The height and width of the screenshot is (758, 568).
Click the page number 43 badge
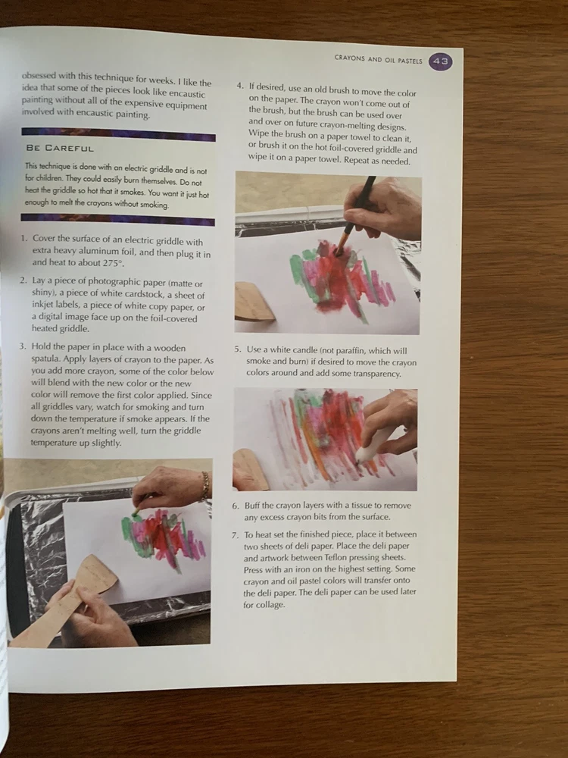click(441, 61)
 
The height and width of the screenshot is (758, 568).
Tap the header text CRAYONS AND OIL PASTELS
click(378, 59)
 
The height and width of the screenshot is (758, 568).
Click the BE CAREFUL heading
click(60, 148)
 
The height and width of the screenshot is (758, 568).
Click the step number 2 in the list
click(23, 280)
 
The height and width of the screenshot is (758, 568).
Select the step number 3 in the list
click(22, 346)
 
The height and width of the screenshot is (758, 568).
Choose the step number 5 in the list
click(237, 349)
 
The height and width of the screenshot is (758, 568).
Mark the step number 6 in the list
click(236, 506)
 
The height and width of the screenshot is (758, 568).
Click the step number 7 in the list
click(235, 534)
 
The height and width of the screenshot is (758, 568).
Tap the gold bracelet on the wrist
click(205, 485)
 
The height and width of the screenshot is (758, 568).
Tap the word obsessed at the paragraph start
click(39, 75)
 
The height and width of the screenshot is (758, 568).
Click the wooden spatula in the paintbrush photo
click(254, 302)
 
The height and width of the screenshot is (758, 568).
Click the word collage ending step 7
click(270, 605)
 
